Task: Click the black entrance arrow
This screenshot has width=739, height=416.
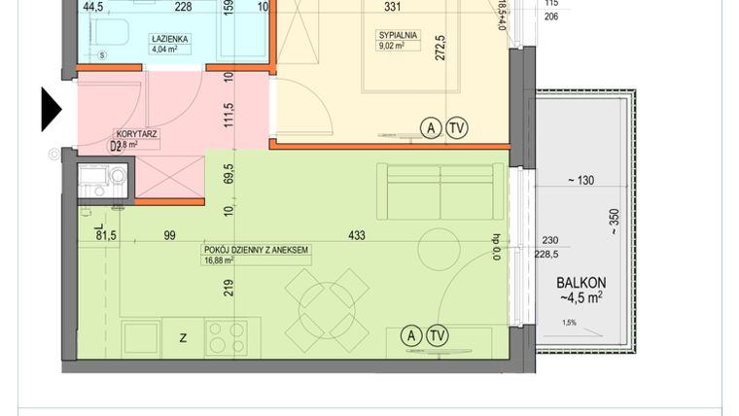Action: click(x=51, y=109)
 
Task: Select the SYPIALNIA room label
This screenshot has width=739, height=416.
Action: click(x=398, y=35)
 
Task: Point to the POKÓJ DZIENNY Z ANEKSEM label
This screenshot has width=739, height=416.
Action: click(x=256, y=250)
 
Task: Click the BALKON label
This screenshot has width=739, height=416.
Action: click(x=582, y=283)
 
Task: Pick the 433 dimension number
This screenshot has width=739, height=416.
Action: click(x=355, y=235)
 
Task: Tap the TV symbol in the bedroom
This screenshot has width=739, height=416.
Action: click(x=456, y=127)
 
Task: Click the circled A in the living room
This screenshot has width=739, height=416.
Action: click(x=411, y=336)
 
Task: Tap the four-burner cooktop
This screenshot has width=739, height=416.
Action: click(x=227, y=336)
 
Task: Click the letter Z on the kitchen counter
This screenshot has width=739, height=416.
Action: click(x=183, y=337)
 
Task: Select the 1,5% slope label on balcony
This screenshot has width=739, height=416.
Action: click(x=569, y=323)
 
